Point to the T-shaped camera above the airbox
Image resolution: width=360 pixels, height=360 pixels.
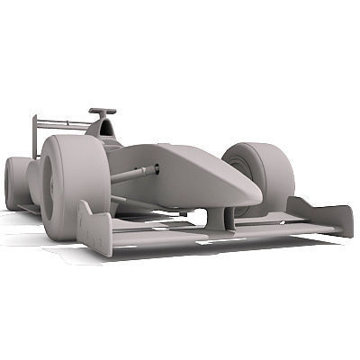tap(102, 112)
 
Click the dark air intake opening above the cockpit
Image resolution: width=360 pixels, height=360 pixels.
tap(106, 129)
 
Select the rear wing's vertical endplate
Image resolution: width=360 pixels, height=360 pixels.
tap(36, 135)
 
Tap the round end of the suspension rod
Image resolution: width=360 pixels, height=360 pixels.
tap(156, 168)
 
